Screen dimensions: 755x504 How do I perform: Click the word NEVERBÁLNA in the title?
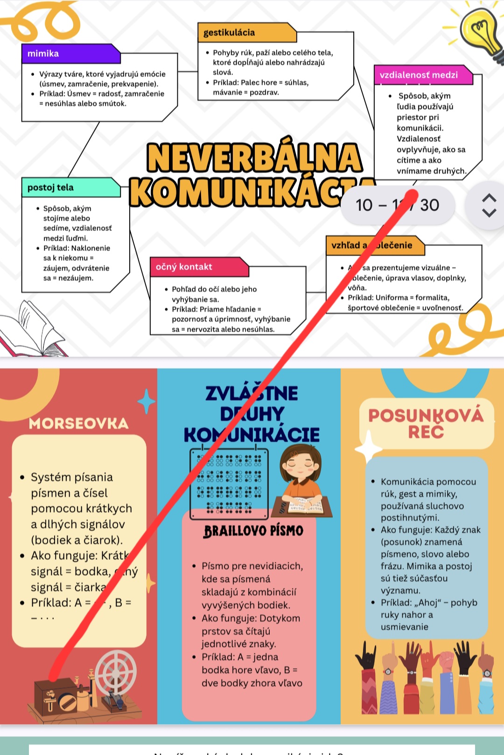coord(255,158)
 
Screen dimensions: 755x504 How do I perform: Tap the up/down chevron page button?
coord(489,205)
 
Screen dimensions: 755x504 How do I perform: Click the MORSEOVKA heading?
coord(78,423)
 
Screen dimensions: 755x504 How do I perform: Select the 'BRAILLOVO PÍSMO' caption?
coord(253,531)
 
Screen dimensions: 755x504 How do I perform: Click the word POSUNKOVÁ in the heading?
coord(426,415)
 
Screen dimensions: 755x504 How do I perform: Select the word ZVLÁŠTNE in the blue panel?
coord(252,393)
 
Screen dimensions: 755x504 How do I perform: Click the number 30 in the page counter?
coord(429,205)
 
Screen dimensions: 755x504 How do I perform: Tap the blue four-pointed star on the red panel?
coord(146,401)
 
